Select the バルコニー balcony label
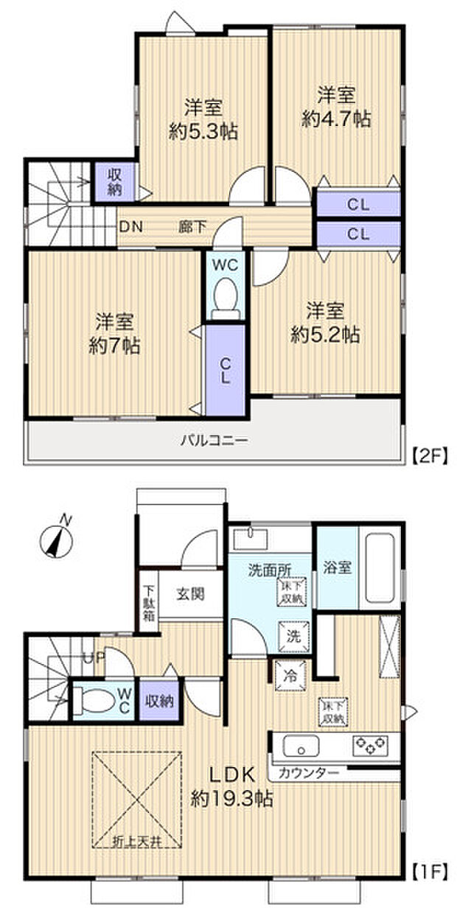click(x=214, y=441)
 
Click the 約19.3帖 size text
click(x=231, y=798)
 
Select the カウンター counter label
click(x=309, y=772)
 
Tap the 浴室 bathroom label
click(x=336, y=567)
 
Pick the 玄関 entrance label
click(x=190, y=593)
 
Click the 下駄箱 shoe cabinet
click(x=148, y=602)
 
